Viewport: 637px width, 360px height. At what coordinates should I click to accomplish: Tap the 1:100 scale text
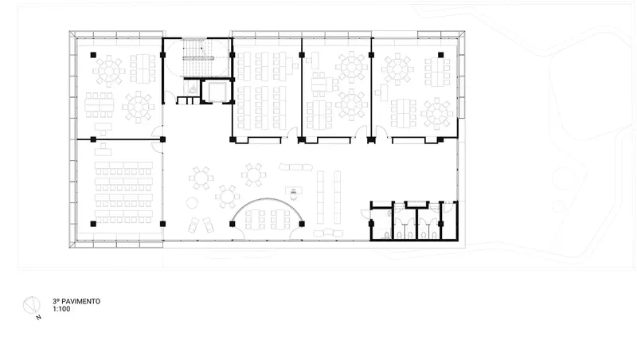pos(61,309)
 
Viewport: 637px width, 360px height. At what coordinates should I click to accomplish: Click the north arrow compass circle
pos(31,306)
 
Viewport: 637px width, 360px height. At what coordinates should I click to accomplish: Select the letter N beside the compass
pos(38,317)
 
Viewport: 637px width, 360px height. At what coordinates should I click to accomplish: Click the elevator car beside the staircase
pos(216,92)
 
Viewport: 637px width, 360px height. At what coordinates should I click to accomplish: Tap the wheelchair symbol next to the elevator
pos(192,88)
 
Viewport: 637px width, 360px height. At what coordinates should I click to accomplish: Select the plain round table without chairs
pos(192,203)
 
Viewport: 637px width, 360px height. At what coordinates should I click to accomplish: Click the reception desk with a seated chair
pos(293,191)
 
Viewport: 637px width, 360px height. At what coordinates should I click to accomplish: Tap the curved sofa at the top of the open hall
pos(295,166)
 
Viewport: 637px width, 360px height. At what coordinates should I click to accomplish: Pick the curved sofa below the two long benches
pos(328,233)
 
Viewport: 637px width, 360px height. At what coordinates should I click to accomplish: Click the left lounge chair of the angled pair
pos(193,225)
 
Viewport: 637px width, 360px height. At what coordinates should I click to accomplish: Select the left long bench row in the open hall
pos(320,197)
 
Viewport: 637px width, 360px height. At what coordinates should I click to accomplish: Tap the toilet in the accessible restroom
pos(386,234)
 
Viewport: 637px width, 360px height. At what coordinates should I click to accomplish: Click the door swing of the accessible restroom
pos(365,213)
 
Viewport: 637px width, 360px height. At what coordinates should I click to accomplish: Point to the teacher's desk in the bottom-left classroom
pos(104,151)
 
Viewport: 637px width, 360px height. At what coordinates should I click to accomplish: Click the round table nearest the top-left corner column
pos(108,71)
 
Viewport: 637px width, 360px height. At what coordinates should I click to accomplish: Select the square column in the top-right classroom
pos(440,55)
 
